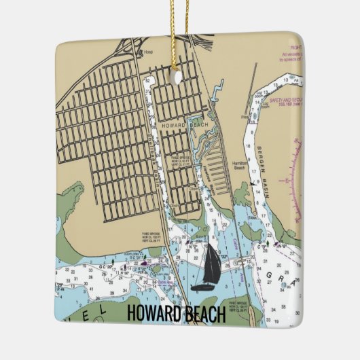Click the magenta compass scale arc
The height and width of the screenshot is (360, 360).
tap(296, 177)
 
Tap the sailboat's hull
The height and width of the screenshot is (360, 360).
tap(203, 288)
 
